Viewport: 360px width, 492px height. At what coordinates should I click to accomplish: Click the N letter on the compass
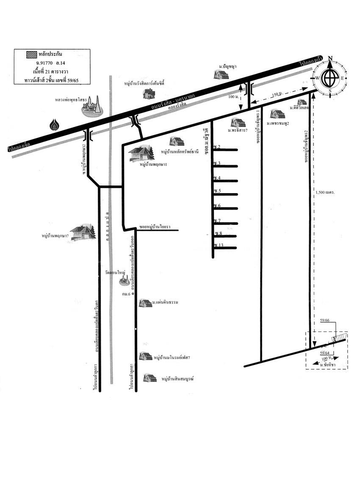[330, 58]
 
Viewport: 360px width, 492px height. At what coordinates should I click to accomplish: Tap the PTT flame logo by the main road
[54, 125]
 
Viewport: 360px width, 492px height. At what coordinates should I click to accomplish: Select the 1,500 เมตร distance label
[325, 192]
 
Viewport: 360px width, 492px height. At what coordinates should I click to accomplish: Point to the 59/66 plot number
[325, 321]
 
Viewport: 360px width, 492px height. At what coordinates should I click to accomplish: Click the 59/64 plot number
[325, 353]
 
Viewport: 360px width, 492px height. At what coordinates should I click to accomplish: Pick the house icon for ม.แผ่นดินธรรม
[146, 303]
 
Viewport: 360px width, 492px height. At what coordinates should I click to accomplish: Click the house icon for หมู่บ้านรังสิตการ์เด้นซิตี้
[149, 93]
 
